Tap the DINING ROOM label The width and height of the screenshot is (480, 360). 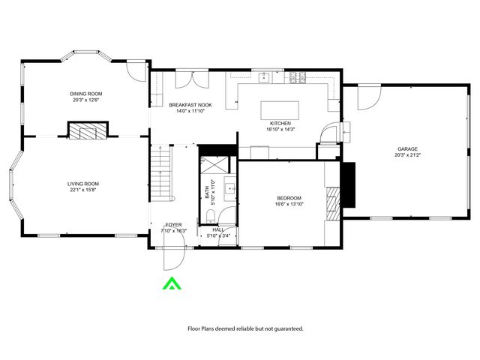coord(86,93)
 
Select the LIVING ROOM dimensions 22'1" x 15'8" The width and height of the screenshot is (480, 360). coord(83,190)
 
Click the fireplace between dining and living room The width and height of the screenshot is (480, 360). coord(88,132)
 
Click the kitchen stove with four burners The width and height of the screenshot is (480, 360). coord(298,76)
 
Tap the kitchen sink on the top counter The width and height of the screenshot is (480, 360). coord(265,76)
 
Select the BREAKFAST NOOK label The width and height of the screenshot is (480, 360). coord(190,105)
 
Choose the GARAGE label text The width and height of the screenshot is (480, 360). coord(407,149)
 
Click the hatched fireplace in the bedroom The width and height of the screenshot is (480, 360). coord(332,202)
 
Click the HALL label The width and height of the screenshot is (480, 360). coord(218,229)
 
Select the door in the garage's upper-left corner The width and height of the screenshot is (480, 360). coord(367,96)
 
